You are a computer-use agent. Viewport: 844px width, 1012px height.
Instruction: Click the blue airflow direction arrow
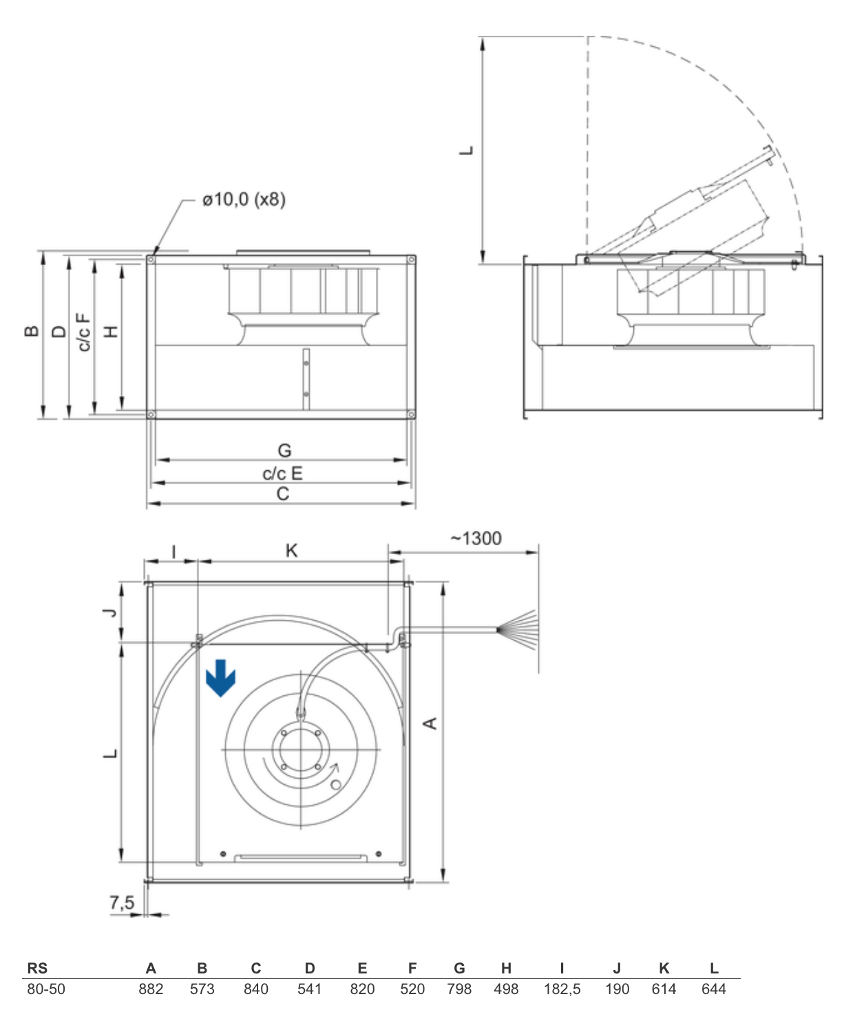pos(220,677)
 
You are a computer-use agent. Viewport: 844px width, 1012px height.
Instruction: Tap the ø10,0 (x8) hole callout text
pos(244,199)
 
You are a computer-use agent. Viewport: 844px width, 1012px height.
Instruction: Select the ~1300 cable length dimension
pos(476,538)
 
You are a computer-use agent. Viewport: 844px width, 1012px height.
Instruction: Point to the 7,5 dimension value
pos(122,903)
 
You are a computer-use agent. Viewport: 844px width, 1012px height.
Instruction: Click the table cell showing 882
pos(151,989)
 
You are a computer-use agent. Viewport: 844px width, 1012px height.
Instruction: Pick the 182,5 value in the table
pos(562,989)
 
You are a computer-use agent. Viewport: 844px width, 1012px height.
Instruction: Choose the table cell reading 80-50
pos(46,989)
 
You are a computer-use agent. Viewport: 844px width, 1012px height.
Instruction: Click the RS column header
pos(37,968)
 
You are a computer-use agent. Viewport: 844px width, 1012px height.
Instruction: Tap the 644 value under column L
pos(714,989)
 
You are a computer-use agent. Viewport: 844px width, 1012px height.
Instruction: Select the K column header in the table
pos(664,968)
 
